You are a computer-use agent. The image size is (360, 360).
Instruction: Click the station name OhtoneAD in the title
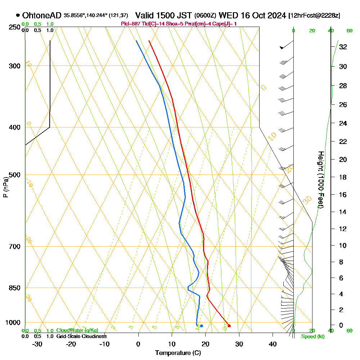pyautogui.click(x=42, y=15)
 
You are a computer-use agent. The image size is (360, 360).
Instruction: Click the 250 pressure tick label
pyautogui.click(x=14, y=27)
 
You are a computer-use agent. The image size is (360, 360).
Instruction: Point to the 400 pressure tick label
pyautogui.click(x=14, y=127)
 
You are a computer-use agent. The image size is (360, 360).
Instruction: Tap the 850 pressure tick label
pyautogui.click(x=14, y=288)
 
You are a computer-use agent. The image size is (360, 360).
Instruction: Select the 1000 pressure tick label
pyautogui.click(x=12, y=323)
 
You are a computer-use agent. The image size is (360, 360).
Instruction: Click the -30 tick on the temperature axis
pyautogui.click(x=37, y=344)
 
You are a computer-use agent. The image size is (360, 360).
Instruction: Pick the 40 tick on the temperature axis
pyautogui.click(x=273, y=344)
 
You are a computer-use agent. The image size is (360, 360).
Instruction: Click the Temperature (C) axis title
pyautogui.click(x=178, y=353)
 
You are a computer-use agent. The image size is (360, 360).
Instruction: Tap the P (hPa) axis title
pyautogui.click(x=5, y=187)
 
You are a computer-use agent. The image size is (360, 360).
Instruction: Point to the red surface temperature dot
pyautogui.click(x=229, y=326)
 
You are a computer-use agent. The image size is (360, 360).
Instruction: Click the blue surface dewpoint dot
pyautogui.click(x=201, y=326)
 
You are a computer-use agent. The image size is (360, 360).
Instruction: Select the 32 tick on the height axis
pyautogui.click(x=343, y=47)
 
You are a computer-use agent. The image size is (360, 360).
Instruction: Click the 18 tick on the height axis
pyautogui.click(x=343, y=177)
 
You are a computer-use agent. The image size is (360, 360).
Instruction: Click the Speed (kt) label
pyautogui.click(x=312, y=337)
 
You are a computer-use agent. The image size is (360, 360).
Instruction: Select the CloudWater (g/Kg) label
pyautogui.click(x=77, y=330)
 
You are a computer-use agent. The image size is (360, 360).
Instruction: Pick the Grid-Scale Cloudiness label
pyautogui.click(x=81, y=336)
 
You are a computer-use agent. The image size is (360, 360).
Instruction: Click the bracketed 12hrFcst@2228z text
pyautogui.click(x=314, y=16)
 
